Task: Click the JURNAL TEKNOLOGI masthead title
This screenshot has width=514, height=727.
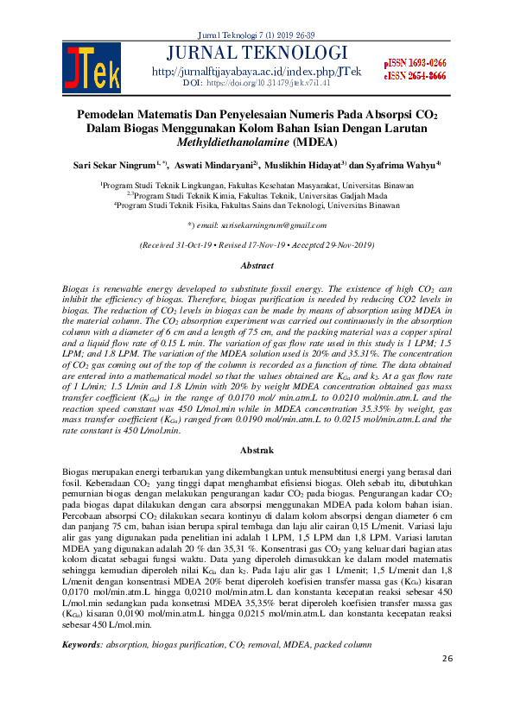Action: click(x=257, y=53)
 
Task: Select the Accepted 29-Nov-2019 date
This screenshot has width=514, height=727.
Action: click(x=328, y=245)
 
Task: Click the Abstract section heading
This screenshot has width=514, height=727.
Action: click(x=257, y=267)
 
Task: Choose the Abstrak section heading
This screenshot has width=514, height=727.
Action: click(x=257, y=450)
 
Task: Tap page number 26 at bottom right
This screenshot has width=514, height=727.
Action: click(x=447, y=659)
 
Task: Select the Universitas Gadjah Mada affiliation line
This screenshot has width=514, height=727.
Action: click(x=257, y=196)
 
